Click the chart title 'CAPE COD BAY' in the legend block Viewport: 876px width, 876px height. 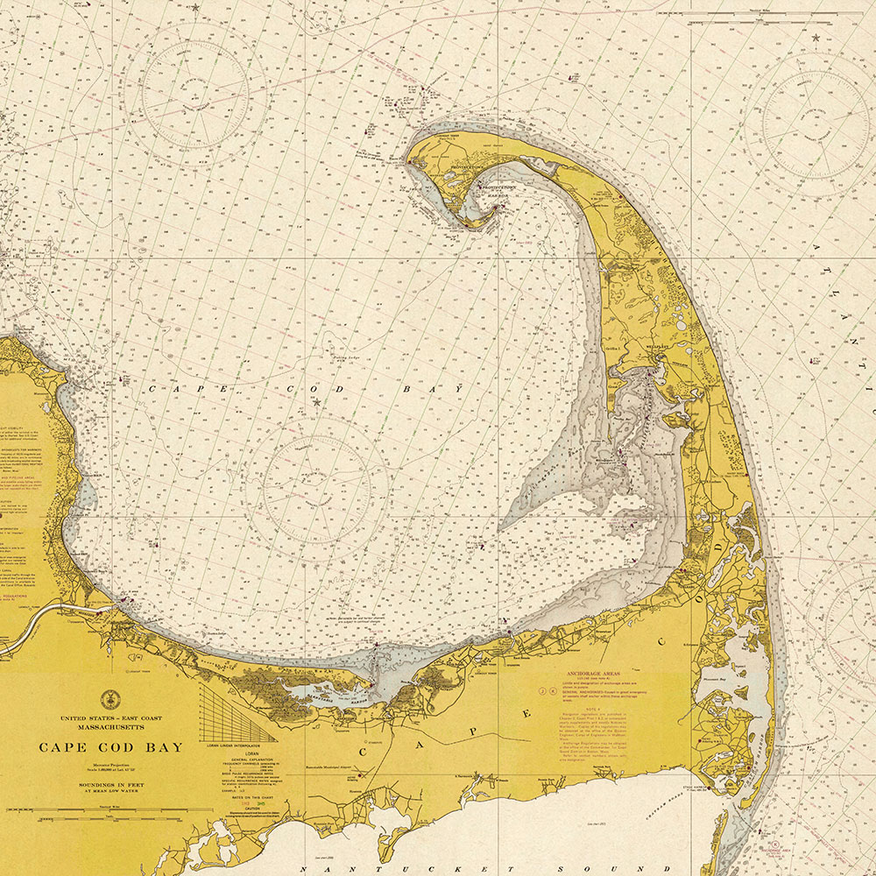(x=110, y=747)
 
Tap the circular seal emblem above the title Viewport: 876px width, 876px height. (x=110, y=699)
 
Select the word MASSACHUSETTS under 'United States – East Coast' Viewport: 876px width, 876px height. (x=110, y=727)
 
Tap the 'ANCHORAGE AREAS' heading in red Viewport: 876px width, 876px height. (x=592, y=675)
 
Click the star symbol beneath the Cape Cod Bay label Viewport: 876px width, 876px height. (x=316, y=402)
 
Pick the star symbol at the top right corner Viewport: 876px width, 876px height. (x=816, y=38)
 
